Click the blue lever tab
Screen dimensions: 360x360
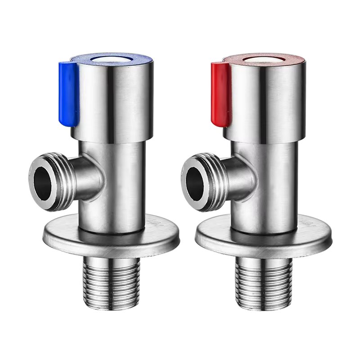pyautogui.click(x=69, y=92)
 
